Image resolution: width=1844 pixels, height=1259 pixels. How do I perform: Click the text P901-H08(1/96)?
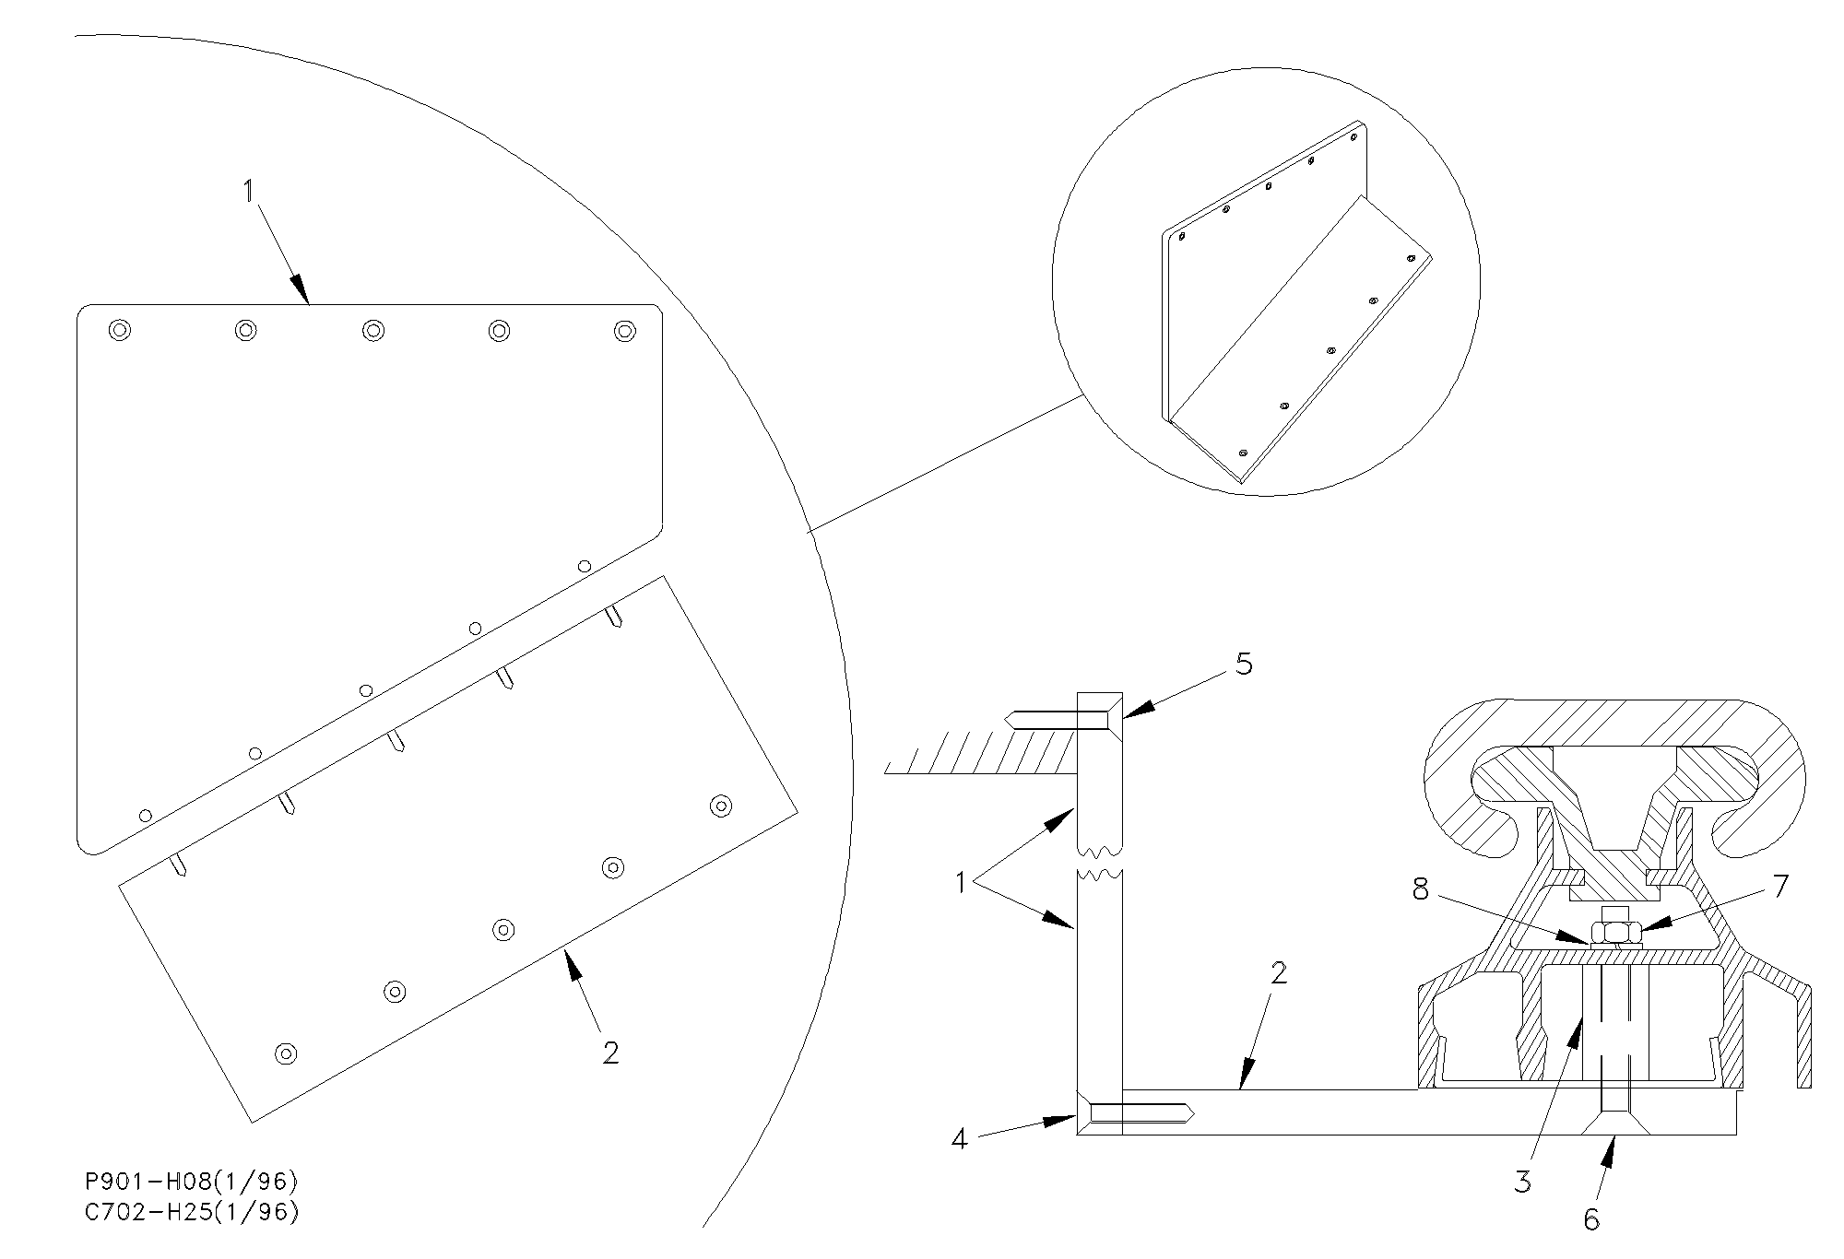[191, 1182]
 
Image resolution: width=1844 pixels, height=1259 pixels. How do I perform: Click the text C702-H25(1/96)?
[191, 1212]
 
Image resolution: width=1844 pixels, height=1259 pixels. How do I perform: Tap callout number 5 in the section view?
[1244, 665]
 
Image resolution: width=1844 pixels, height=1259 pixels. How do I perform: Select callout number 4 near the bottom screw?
[960, 1140]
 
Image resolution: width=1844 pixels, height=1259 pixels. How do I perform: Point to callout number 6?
[1591, 1219]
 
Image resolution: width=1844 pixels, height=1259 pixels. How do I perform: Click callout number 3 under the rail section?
[1522, 1182]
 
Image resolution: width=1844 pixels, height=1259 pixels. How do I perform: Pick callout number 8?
[1420, 888]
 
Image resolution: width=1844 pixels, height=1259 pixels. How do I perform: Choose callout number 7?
[1780, 887]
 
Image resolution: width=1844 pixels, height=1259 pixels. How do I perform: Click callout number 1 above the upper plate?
[248, 191]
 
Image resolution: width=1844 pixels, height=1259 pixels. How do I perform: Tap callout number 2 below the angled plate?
[610, 1053]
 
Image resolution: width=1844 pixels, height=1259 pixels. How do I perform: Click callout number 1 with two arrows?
[960, 883]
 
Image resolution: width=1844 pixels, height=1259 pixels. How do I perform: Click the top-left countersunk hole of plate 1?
[120, 329]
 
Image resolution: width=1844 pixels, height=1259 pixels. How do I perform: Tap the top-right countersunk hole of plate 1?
[625, 330]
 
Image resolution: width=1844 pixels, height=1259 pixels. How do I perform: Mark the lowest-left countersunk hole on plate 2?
[286, 1053]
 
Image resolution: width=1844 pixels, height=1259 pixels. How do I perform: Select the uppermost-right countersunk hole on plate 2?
[721, 806]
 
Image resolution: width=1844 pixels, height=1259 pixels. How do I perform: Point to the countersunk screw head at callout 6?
[1613, 1124]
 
